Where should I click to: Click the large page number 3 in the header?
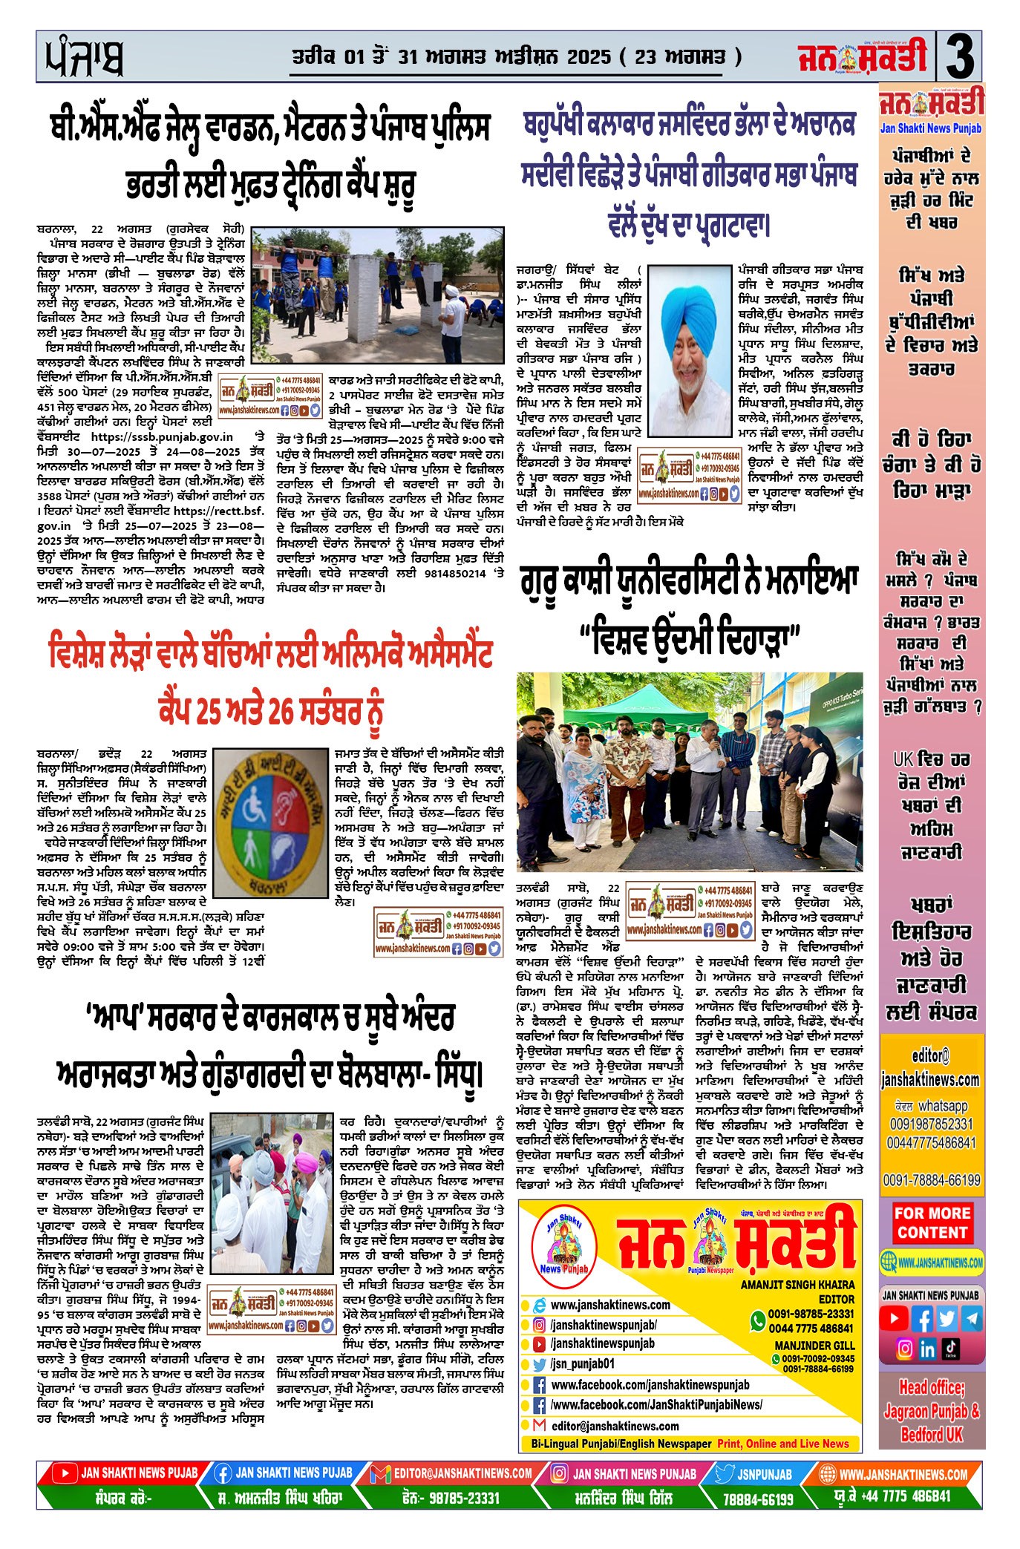[x=960, y=57]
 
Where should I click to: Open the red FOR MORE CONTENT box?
[x=932, y=1222]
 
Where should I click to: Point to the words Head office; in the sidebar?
[x=932, y=1387]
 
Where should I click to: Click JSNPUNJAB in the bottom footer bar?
[x=765, y=1474]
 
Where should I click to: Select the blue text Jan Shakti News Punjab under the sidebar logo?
[x=930, y=128]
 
